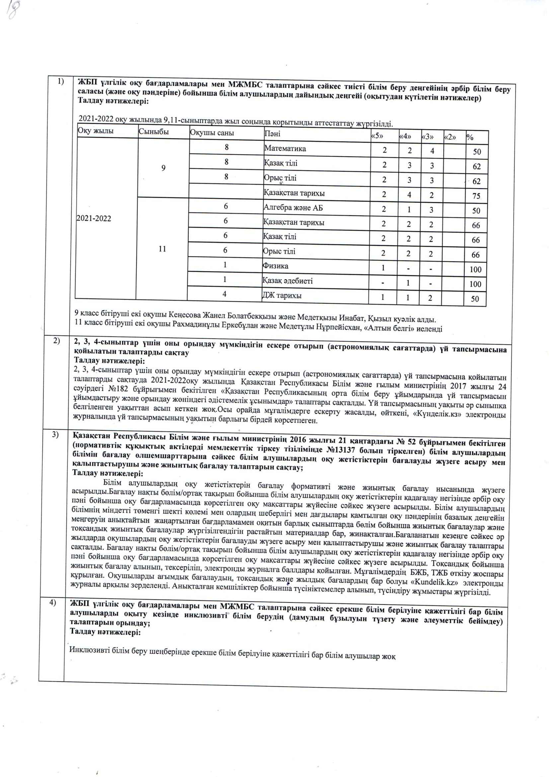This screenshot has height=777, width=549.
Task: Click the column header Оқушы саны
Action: click(212, 133)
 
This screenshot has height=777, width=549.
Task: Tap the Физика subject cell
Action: click(275, 266)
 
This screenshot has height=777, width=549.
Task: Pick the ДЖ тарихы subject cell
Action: click(282, 295)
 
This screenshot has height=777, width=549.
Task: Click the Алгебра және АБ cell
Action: click(293, 207)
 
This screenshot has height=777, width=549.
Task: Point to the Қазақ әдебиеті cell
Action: click(288, 280)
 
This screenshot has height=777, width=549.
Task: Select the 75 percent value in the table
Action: click(476, 196)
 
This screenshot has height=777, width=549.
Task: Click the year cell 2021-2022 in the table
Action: click(94, 218)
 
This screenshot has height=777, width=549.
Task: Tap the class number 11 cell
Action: click(162, 249)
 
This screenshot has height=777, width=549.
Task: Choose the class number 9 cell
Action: click(163, 168)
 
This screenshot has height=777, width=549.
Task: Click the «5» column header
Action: click(377, 136)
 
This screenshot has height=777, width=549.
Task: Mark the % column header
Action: click(470, 137)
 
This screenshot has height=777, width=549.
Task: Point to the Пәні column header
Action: click(273, 134)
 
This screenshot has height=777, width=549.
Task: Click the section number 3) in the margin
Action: click(55, 434)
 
